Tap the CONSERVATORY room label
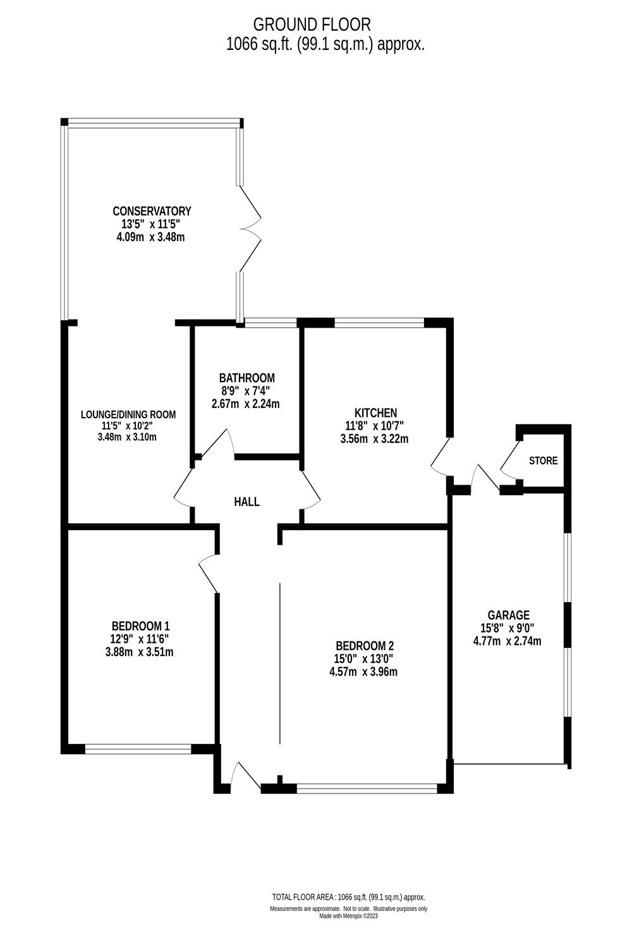152,211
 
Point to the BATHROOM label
246,378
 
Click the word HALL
246,502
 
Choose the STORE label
543,461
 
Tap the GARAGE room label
508,615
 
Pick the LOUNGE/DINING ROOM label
128,414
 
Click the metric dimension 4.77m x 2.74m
507,641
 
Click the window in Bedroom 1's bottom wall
138,749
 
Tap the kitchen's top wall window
379,323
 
